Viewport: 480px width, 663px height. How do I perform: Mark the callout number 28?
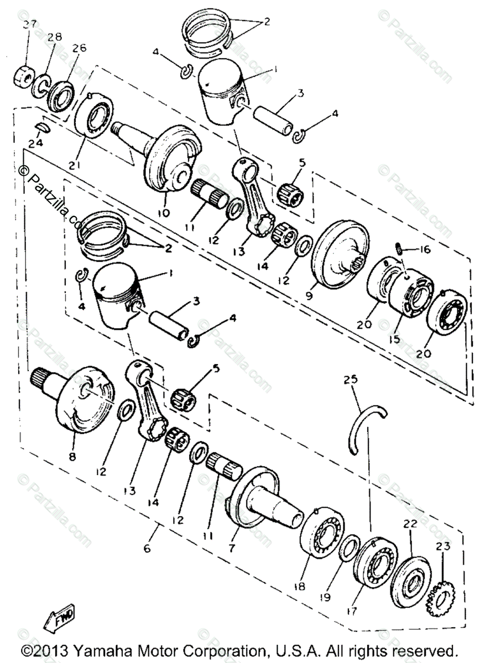[x=55, y=37]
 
